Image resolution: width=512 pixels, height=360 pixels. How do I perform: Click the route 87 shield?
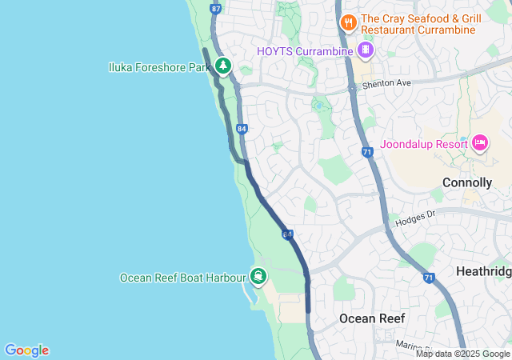click(214, 9)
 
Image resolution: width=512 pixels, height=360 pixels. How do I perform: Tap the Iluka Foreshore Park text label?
click(158, 68)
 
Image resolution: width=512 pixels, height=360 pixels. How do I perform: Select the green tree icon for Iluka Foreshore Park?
click(222, 66)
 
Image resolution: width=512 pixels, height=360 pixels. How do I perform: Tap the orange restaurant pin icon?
click(348, 22)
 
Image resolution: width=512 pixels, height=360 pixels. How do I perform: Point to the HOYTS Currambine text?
click(305, 51)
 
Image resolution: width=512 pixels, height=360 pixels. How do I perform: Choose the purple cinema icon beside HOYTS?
click(366, 50)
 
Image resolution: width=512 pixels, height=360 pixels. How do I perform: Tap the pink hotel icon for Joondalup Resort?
click(480, 142)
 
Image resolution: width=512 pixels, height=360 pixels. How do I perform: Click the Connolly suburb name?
click(466, 183)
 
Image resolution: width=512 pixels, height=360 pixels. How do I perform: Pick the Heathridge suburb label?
click(483, 272)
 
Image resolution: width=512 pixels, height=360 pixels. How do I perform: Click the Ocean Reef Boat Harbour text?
click(182, 278)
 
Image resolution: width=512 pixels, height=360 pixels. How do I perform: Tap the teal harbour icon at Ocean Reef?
click(258, 277)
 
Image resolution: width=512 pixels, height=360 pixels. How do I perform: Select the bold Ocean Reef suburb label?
click(372, 318)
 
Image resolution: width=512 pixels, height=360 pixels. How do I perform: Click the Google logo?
click(26, 350)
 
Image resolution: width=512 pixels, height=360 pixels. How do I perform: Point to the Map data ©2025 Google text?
click(462, 354)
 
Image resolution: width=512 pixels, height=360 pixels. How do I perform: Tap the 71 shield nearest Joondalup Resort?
click(367, 151)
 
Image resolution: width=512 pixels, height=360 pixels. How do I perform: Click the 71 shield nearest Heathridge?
click(429, 278)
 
